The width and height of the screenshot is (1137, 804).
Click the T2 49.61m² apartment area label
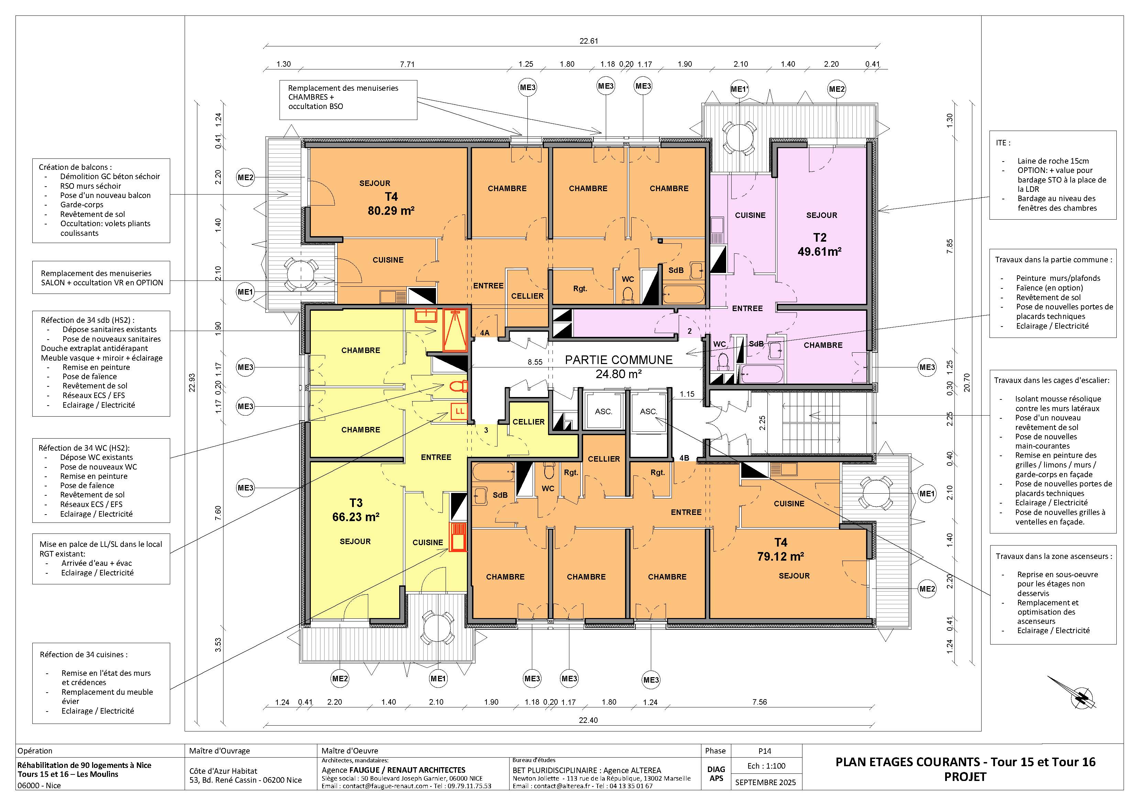click(x=820, y=244)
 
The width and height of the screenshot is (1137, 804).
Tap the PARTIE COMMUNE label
click(x=619, y=360)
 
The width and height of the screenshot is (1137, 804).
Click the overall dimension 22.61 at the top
click(x=589, y=41)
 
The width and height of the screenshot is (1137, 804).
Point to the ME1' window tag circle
click(x=739, y=89)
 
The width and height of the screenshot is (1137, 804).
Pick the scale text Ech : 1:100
click(x=766, y=766)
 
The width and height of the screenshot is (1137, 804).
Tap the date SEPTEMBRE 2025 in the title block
click(x=766, y=783)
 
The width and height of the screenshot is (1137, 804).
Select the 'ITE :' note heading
click(x=1003, y=143)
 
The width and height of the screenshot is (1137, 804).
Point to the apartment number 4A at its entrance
click(x=484, y=333)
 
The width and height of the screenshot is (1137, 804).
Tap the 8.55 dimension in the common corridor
click(x=535, y=362)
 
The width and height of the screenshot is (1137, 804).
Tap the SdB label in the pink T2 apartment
click(x=756, y=344)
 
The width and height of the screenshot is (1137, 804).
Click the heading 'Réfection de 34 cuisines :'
click(x=84, y=654)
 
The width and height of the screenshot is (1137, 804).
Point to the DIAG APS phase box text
click(x=716, y=774)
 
